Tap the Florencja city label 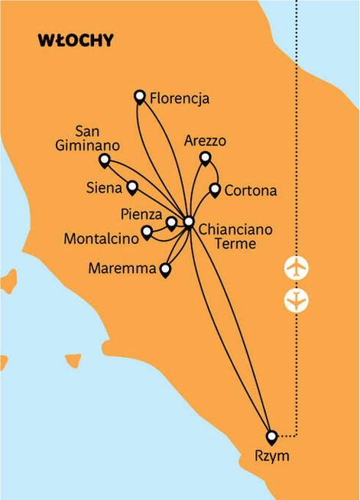tap(180, 98)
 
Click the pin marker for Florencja tap(139, 96)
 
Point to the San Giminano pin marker tap(105, 160)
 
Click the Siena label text tap(105, 185)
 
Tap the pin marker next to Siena tap(132, 186)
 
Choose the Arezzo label tap(205, 141)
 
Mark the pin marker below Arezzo tap(205, 157)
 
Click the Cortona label tap(251, 190)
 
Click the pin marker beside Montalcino tap(147, 231)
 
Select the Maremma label tap(121, 268)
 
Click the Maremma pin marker tap(164, 268)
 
